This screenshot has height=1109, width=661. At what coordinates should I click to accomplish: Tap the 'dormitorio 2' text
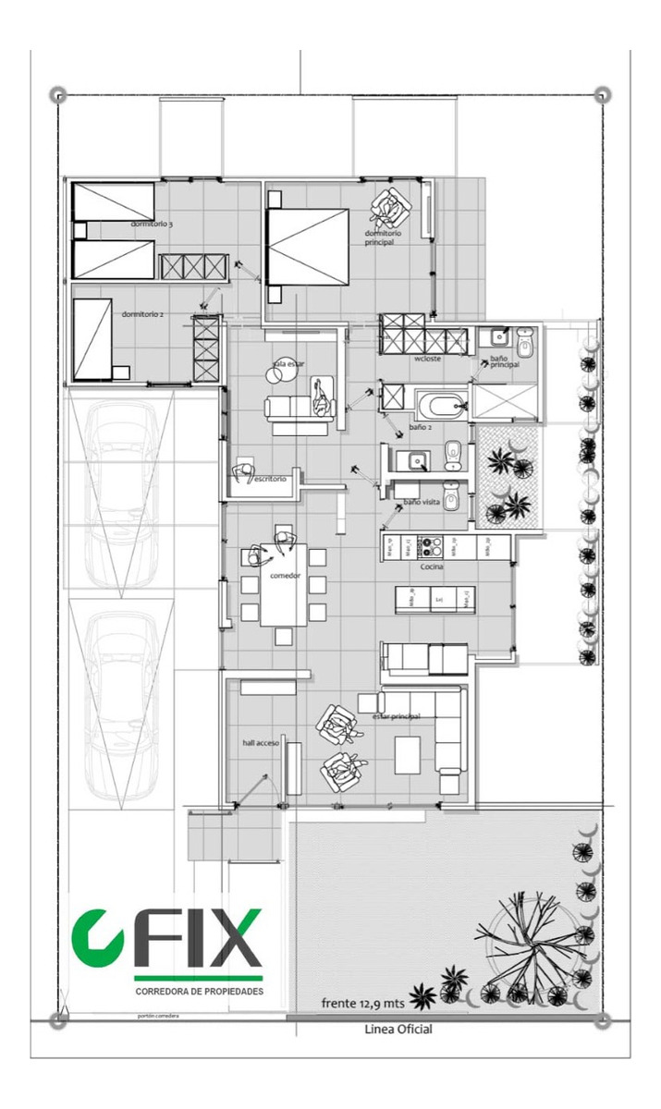coord(142,314)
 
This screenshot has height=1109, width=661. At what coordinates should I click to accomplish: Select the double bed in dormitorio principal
coord(308,247)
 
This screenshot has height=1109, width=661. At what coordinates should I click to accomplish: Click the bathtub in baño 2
coord(442,405)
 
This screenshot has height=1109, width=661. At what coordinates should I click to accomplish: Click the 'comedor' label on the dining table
coord(285,576)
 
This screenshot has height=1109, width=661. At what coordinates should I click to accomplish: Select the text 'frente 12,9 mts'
coord(364,1002)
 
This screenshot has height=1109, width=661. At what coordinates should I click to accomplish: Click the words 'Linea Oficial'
coord(398,1029)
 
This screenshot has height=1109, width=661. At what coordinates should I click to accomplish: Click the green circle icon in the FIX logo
coord(97,936)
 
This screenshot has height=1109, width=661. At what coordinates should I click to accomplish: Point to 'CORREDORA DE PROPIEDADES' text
coord(199,992)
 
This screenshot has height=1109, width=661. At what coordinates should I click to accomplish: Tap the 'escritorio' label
coord(271,479)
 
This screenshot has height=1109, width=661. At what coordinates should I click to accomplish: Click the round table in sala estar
coord(277,375)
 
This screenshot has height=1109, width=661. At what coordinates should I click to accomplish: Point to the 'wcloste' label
coord(428,359)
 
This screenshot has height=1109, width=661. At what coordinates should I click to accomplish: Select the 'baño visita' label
coord(421,503)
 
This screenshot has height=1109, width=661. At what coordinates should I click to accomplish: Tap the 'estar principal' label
coord(396,716)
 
